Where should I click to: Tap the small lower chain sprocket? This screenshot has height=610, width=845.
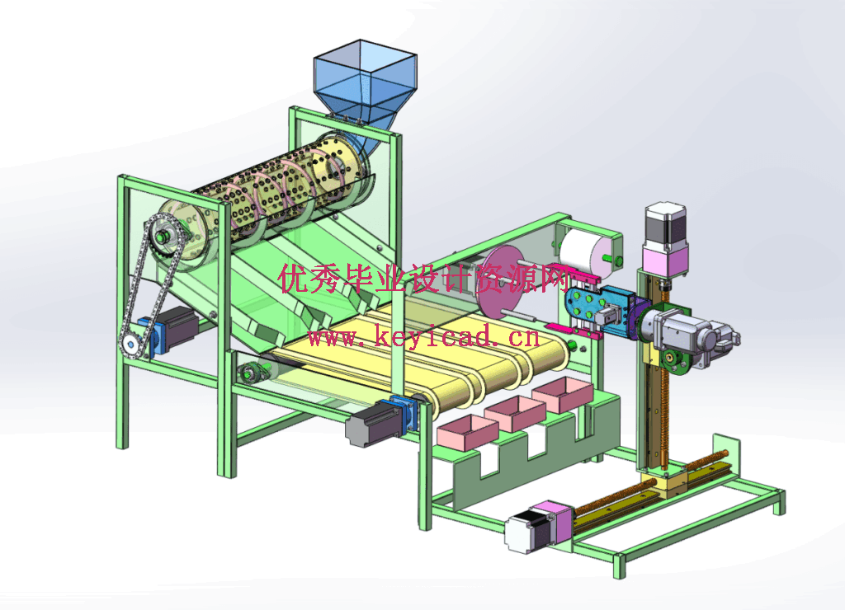[130, 344]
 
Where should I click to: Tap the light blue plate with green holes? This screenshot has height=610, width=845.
[588, 306]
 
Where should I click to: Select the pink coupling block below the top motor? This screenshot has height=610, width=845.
[667, 261]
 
